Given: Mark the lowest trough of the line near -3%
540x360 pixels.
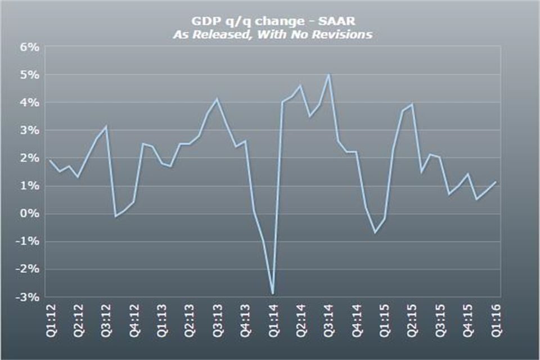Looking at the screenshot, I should coord(273,294).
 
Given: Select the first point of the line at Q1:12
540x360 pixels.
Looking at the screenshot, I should coord(49,161).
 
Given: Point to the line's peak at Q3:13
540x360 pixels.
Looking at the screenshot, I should coord(217,100).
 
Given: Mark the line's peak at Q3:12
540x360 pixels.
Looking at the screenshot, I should coord(106,127).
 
